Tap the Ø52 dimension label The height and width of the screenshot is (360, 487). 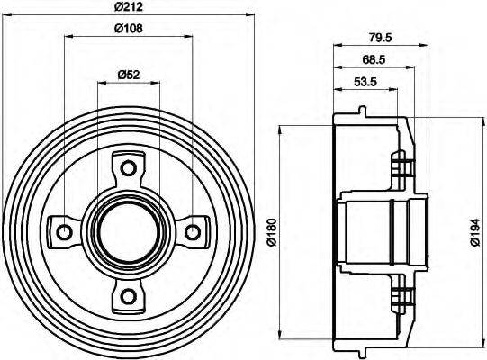click(128, 75)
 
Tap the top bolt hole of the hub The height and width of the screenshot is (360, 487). click(128, 168)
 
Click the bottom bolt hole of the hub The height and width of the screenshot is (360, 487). click(128, 296)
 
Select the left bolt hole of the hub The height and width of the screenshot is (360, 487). click(64, 232)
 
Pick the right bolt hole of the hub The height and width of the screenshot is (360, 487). click(192, 232)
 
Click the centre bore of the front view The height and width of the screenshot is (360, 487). click(128, 232)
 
